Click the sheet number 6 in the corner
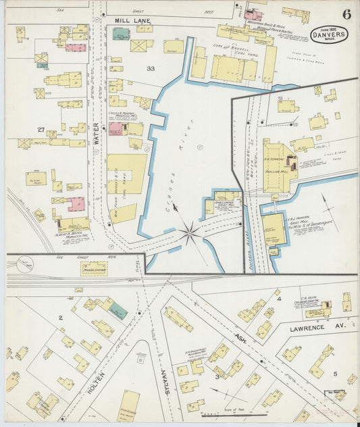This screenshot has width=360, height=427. click(x=346, y=14)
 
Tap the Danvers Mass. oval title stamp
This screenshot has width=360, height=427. click(x=329, y=34)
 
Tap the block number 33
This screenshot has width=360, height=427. click(x=150, y=69)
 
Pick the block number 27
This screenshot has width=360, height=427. click(x=41, y=129)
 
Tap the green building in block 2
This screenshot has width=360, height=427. click(x=118, y=311)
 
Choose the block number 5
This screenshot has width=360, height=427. click(x=334, y=373)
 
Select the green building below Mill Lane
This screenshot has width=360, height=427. click(x=121, y=34)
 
